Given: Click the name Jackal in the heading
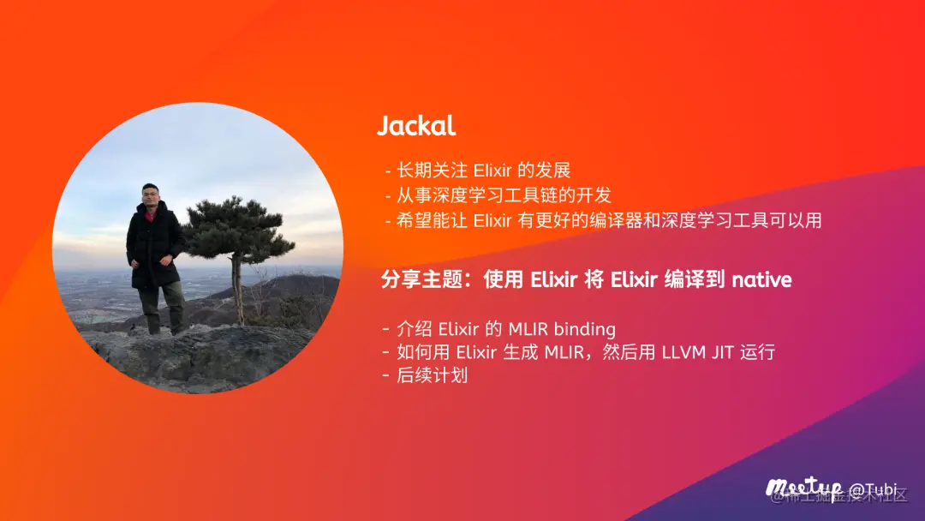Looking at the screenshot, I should (416, 127).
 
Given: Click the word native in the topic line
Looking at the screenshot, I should (761, 280).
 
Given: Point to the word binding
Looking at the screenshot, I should (585, 329).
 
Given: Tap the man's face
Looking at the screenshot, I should (151, 195).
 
